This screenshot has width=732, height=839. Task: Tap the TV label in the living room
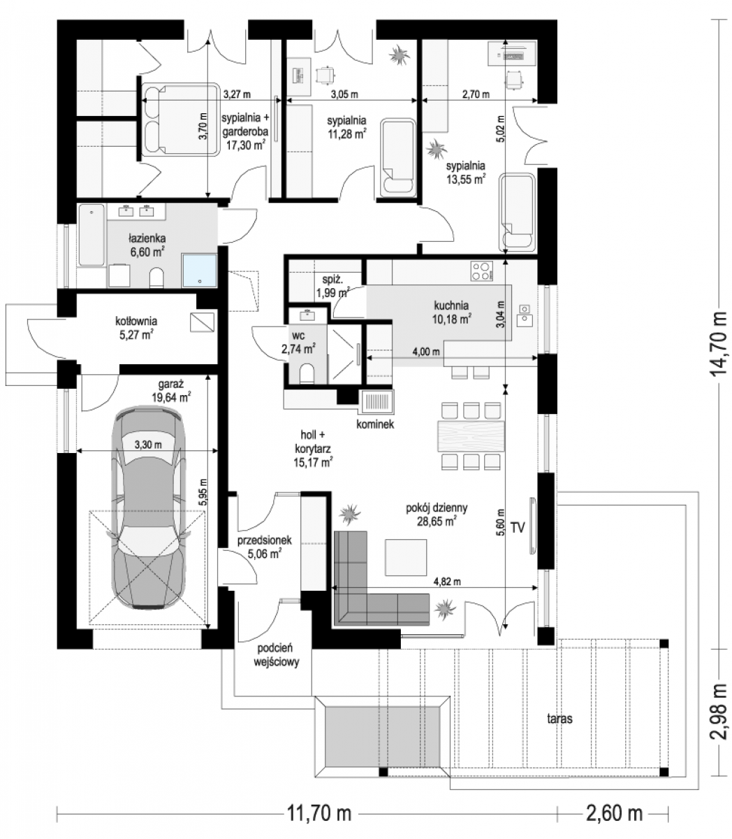(x=518, y=528)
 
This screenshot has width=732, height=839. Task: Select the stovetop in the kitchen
(x=482, y=271)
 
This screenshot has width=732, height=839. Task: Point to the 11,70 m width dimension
(x=319, y=812)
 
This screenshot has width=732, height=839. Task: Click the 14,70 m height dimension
(x=719, y=350)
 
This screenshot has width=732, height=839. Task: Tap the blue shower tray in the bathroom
(x=199, y=271)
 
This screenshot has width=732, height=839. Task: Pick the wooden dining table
(x=471, y=436)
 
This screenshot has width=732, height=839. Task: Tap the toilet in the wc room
(x=307, y=373)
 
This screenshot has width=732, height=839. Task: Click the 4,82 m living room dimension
(x=447, y=581)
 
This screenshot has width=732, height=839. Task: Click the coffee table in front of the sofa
(x=406, y=557)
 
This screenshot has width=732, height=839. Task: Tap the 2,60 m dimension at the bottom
(x=614, y=812)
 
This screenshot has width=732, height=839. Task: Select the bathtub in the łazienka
(x=91, y=236)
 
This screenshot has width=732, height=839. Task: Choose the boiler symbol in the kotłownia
(x=202, y=322)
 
